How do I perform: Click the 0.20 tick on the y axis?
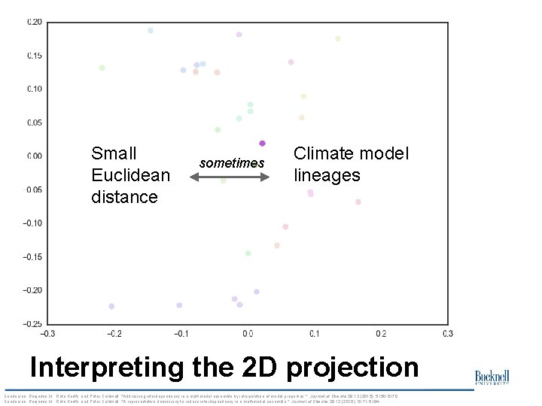[x=35, y=22]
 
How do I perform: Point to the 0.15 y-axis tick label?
[x=35, y=56]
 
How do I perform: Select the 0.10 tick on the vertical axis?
[x=35, y=89]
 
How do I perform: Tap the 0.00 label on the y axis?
[x=35, y=156]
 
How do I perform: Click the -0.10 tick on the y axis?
[x=33, y=223]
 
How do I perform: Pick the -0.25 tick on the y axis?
[x=33, y=324]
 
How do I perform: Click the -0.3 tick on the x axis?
[x=47, y=333]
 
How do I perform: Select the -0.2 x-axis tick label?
[x=114, y=333]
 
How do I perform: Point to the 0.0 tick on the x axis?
[x=248, y=333]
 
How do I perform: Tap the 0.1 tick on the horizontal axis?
[x=314, y=333]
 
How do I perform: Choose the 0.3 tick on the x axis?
[x=448, y=333]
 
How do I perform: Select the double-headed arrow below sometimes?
[x=229, y=177]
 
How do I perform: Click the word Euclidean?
[x=130, y=175]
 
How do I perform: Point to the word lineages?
[x=327, y=175]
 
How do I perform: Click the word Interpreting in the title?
[x=105, y=368]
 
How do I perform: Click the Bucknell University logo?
[x=492, y=378]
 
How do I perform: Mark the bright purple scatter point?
[x=262, y=143]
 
